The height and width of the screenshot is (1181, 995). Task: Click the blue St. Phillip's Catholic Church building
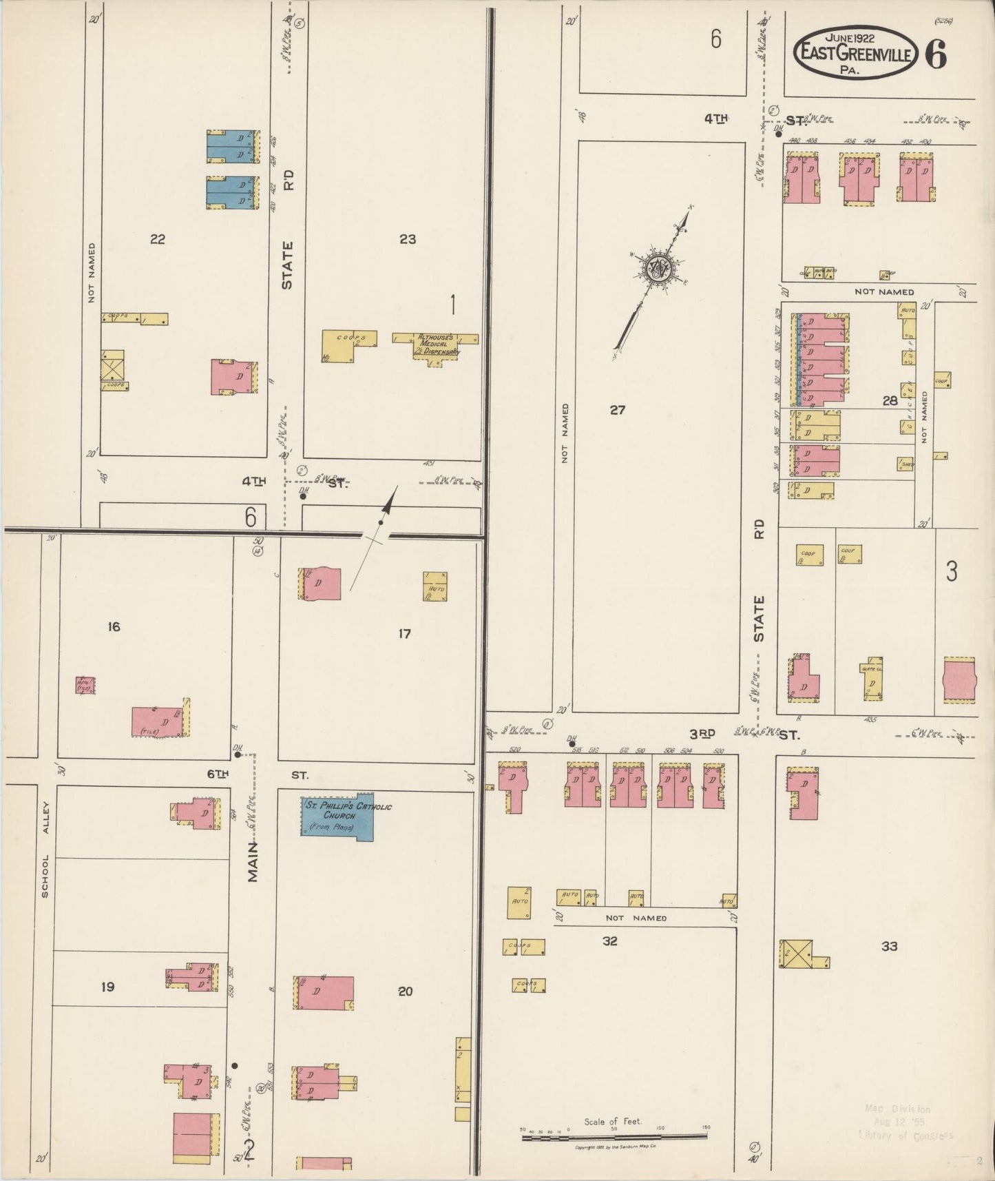337,818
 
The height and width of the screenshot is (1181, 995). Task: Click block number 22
158,239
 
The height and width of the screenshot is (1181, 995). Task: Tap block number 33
890,946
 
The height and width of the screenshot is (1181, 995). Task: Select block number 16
114,626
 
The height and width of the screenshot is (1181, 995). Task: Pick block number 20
405,991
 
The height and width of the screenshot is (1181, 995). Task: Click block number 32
609,941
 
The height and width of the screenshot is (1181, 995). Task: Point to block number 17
404,633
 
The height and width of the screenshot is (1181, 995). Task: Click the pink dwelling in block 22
234,377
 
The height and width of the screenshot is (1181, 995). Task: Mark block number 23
408,239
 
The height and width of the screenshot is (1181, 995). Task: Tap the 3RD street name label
702,733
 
